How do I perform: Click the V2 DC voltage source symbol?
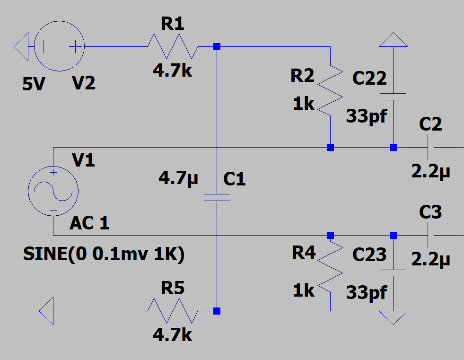coord(60,47)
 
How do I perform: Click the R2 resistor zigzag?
coord(330,90)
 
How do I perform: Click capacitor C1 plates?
coord(217,197)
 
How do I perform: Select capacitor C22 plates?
coord(393,97)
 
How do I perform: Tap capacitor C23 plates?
coord(393,273)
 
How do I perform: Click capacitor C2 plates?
coord(430,147)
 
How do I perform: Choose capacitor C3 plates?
coord(430,235)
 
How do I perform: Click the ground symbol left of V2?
coord(22,47)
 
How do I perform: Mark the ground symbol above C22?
coord(393,40)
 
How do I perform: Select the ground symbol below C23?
coord(393,317)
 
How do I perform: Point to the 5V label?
coord(35,85)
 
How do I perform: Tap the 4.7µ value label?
coord(178,179)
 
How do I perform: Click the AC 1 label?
coord(89,223)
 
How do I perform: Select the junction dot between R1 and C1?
coord(217,47)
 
